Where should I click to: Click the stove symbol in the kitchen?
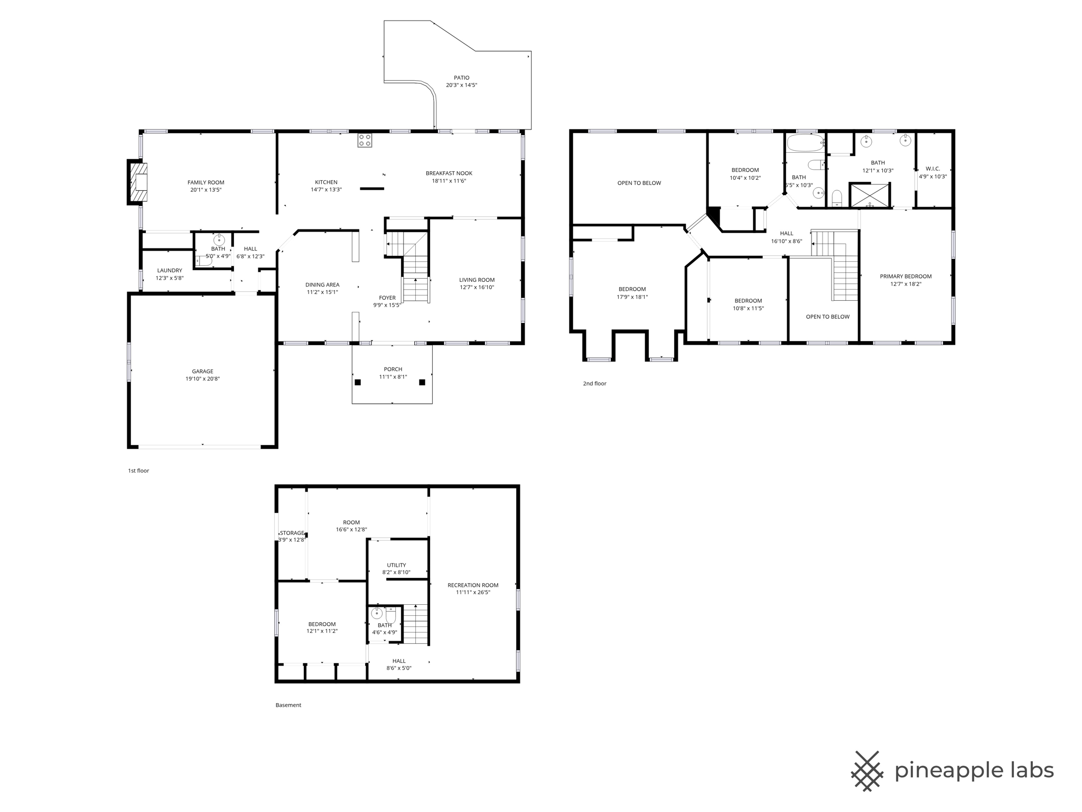coord(365,140)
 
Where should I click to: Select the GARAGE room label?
coord(202,371)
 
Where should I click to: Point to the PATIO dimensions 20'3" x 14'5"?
coord(461,85)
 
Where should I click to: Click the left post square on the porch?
coord(358,382)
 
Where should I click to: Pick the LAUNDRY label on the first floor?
coord(170,270)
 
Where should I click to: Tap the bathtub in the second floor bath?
coord(805,142)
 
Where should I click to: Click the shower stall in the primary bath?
coord(869,195)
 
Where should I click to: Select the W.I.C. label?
coord(932,169)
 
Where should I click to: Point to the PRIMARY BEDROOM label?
coord(906,276)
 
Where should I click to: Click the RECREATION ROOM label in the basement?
coord(473,585)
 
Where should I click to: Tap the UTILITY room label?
coord(396,565)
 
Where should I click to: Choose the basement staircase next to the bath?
coord(416,624)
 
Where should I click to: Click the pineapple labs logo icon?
coord(867,771)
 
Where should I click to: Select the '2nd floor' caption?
coord(594,383)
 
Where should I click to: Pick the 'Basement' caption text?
coord(288,705)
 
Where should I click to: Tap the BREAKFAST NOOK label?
coord(449,173)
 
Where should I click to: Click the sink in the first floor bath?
coord(219,241)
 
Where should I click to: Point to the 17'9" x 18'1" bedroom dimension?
coord(632,297)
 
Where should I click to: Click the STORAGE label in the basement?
coord(292,533)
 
